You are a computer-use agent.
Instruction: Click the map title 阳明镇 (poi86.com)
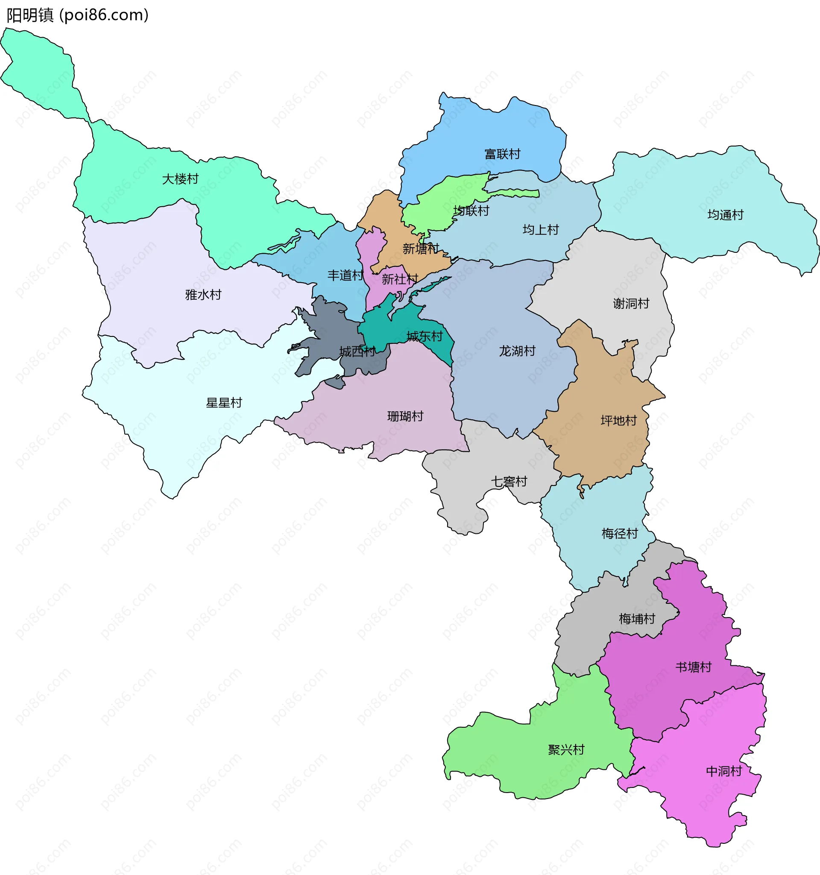coord(77,15)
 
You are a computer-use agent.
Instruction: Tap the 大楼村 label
coord(180,179)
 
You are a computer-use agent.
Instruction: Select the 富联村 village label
coord(502,154)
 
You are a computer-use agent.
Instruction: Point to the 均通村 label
coord(725,215)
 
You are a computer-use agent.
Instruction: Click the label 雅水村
coord(203,295)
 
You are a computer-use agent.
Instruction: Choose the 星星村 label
coord(224,403)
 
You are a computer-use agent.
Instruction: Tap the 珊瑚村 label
coord(405,416)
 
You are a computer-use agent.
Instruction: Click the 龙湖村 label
coord(517,351)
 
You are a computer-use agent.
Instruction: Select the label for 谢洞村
coord(631,304)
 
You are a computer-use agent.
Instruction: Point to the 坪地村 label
coord(618,421)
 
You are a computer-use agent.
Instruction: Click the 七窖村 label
coord(509,482)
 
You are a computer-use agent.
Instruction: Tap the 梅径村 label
coord(619,534)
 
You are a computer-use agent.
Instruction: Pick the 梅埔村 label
coord(636,619)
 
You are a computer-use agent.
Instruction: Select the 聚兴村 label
coord(566,749)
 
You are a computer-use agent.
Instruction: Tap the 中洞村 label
coord(723,771)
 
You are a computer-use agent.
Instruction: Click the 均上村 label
coord(540,230)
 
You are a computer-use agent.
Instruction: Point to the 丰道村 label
coord(345,275)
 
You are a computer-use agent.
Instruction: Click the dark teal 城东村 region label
coord(424,337)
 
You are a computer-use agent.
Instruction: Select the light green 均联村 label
coord(471,211)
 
